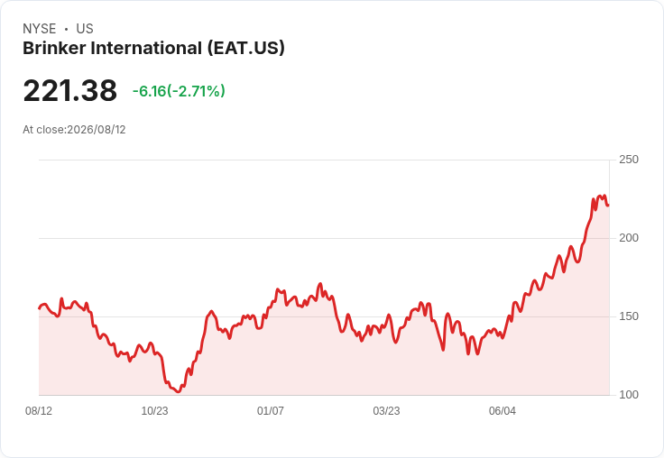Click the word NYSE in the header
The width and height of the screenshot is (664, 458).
coord(40,29)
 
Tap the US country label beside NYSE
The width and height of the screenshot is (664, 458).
coord(85,29)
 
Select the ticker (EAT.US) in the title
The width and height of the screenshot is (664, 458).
coord(246,49)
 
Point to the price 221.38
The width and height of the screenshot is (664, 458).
coord(69,90)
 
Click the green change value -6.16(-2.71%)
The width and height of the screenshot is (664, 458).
coord(179,91)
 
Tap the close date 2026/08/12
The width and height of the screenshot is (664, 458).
coord(97,130)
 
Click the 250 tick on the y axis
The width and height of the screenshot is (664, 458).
coord(629,160)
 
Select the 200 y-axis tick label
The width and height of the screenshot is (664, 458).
coord(629,238)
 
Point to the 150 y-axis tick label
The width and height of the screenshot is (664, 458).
coord(629,316)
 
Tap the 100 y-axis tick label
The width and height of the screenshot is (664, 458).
coord(629,395)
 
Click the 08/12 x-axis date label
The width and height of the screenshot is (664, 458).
coord(39,410)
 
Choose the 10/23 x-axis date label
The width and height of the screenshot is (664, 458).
coord(154,410)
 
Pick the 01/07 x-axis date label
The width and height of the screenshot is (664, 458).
coord(271,410)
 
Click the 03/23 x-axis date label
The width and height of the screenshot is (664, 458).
coord(386,410)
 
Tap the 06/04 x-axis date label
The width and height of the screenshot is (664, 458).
coord(503,410)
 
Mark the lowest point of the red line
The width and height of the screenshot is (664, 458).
coord(179,392)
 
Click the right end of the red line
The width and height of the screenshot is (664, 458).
coord(609,206)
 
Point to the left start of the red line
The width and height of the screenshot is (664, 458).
coord(40,308)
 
